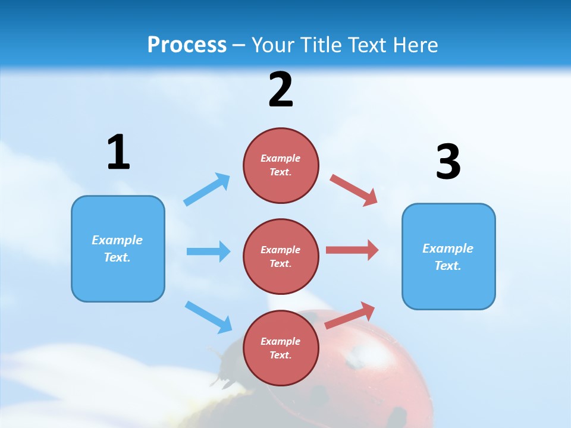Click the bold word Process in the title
click(187, 45)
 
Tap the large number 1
click(118, 152)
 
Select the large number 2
click(281, 90)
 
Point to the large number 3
click(448, 162)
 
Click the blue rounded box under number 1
click(118, 248)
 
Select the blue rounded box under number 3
click(448, 257)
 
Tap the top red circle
click(281, 165)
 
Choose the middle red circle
click(281, 257)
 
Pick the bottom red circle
click(281, 348)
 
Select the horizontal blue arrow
click(208, 251)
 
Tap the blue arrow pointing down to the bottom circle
click(208, 317)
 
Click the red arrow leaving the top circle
click(354, 190)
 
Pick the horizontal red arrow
click(352, 250)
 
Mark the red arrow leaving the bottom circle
click(350, 316)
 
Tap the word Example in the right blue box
click(448, 248)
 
